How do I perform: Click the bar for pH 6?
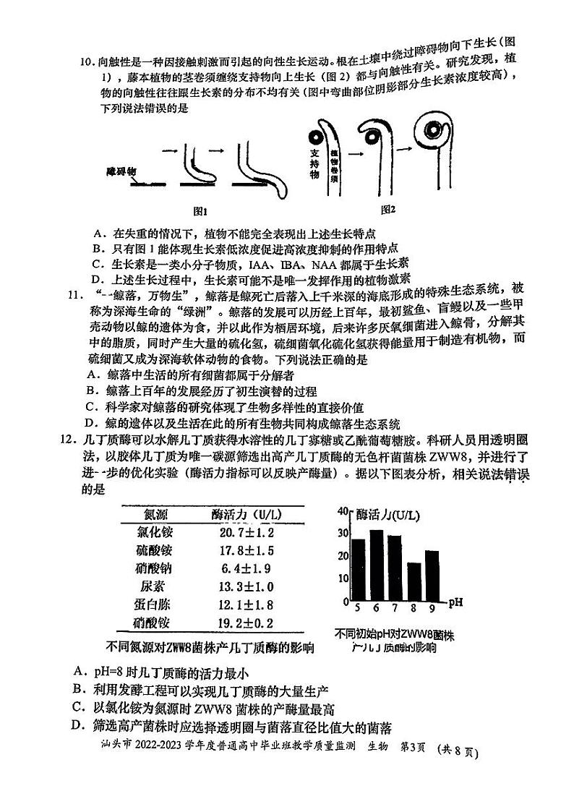(377, 561)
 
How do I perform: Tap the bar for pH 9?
(432, 572)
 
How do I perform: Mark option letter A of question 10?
(98, 234)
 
